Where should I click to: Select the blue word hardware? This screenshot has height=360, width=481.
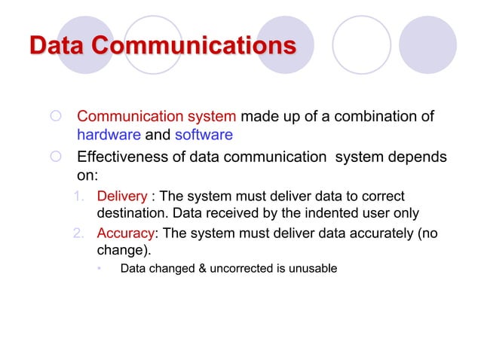click(109, 136)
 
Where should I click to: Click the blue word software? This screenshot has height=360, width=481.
click(204, 136)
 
